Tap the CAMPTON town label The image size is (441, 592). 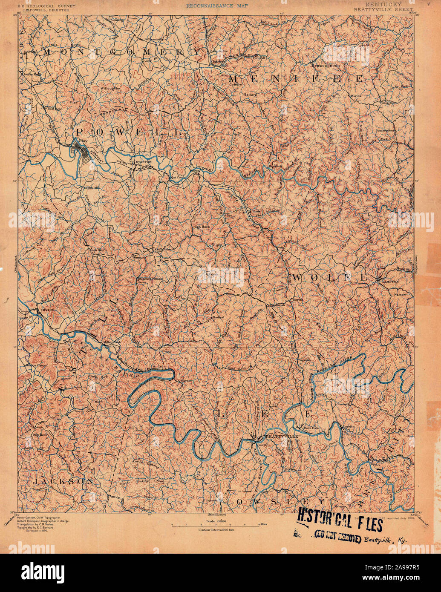pyautogui.click(x=390, y=282)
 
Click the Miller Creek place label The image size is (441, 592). pyautogui.click(x=112, y=342)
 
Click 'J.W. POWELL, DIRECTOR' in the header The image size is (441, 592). pyautogui.click(x=41, y=8)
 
